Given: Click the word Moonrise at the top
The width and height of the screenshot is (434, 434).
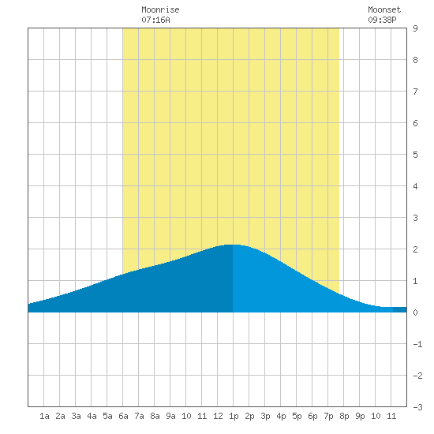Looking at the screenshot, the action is [x=160, y=9].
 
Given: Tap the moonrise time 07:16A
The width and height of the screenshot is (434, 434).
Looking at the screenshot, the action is [x=155, y=20].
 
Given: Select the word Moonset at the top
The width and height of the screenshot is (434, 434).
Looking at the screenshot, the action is [x=384, y=9].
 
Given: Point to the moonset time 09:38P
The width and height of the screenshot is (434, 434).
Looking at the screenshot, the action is [x=382, y=20].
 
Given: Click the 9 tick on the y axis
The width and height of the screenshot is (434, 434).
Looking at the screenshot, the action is [x=415, y=28].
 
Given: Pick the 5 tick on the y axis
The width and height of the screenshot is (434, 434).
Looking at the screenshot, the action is [x=415, y=155].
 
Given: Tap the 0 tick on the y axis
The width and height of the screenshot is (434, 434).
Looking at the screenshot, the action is [x=415, y=312].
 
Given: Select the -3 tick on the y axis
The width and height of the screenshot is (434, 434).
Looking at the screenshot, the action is [x=417, y=407].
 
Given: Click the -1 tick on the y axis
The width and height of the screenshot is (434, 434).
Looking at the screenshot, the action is [x=417, y=344].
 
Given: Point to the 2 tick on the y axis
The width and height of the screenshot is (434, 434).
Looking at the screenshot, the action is [x=415, y=249].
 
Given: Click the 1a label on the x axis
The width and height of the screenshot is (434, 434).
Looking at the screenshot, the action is [x=44, y=416].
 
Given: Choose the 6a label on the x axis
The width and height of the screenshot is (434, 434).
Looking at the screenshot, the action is [x=123, y=416].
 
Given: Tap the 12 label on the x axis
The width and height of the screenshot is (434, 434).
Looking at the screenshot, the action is [x=218, y=416].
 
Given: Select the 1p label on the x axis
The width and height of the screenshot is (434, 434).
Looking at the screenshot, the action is [x=234, y=416].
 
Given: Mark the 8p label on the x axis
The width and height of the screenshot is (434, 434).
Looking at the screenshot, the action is [x=344, y=416].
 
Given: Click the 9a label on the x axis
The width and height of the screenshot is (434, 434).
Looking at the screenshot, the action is [x=170, y=416].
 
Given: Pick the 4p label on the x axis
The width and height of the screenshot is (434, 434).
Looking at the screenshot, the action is [x=281, y=416].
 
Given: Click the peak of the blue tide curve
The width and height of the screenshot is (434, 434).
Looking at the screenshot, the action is [x=233, y=245].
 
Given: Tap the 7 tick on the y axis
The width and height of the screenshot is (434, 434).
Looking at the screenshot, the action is [x=415, y=92].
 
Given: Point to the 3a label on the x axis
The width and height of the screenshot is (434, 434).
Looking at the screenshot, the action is [x=76, y=416].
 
